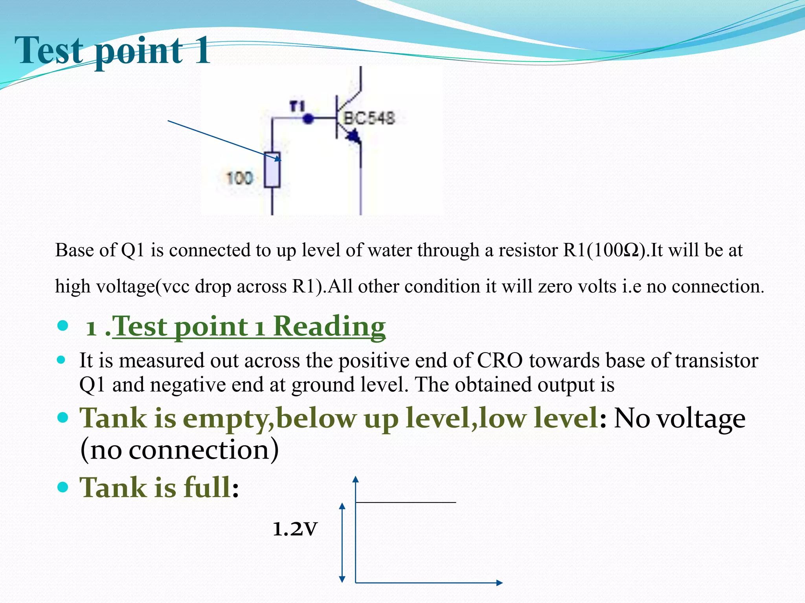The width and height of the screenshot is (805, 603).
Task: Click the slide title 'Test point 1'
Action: click(112, 51)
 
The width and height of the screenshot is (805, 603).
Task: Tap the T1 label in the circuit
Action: click(297, 106)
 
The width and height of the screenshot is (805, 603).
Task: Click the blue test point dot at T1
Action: click(309, 118)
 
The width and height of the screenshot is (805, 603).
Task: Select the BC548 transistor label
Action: click(369, 118)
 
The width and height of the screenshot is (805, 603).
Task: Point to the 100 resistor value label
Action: click(239, 178)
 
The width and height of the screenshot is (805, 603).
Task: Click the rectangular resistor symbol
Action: click(272, 170)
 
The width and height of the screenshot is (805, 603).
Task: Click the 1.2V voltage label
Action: click(295, 529)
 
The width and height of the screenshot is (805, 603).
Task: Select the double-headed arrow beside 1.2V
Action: click(342, 542)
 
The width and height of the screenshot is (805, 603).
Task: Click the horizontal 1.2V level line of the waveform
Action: click(406, 502)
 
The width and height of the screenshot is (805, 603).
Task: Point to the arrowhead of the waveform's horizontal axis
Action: click(499, 583)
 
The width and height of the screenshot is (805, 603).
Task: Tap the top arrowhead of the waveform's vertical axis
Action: click(356, 479)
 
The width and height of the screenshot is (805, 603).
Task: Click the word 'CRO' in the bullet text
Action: click(500, 360)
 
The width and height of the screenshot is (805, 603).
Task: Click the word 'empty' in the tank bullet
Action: click(225, 418)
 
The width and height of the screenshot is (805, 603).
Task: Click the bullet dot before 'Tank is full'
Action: click(63, 487)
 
